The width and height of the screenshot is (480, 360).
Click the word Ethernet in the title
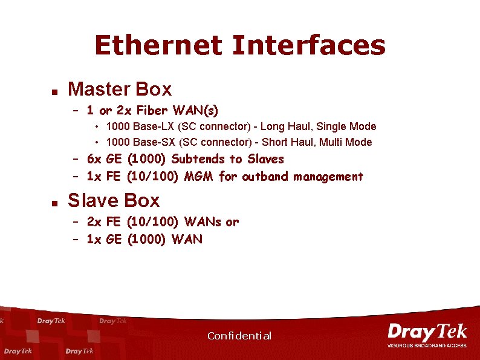pos(159,45)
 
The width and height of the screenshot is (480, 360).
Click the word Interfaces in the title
pos(308,45)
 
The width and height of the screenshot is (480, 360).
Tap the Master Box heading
pos(120,90)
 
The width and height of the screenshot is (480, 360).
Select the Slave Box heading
pos(114,200)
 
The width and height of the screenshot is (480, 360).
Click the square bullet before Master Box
pos(54,92)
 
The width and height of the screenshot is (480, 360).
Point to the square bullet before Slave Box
pos(54,203)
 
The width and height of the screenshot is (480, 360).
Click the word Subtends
pos(198,159)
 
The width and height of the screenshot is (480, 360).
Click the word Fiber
pos(153,110)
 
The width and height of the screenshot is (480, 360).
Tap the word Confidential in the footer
pos(239,336)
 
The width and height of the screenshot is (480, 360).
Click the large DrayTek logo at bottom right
pos(427,332)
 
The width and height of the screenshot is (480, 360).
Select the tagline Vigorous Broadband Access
pos(427,345)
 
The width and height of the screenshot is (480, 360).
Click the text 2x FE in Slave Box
pos(105,222)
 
